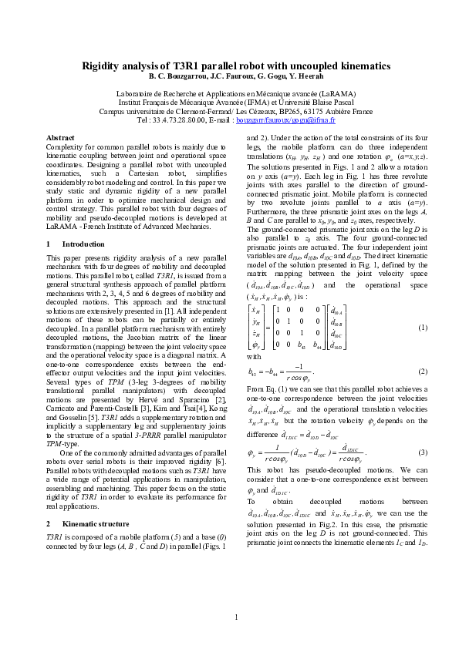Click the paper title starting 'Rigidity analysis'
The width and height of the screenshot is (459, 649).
(x=236, y=66)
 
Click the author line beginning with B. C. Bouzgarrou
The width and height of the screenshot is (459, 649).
(x=236, y=76)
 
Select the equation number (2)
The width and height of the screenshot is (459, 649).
(x=423, y=372)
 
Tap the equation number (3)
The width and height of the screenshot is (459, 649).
(x=423, y=451)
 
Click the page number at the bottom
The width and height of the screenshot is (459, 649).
(x=236, y=617)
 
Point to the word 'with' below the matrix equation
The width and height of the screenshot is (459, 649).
(x=254, y=357)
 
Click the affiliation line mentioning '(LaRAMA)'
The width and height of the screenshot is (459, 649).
(x=236, y=92)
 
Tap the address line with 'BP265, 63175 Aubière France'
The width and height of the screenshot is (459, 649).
(x=236, y=111)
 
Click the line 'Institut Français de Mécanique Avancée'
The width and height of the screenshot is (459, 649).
(x=236, y=102)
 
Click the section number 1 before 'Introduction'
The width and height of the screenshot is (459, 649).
(x=49, y=244)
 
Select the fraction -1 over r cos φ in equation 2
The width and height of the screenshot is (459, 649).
(x=303, y=372)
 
